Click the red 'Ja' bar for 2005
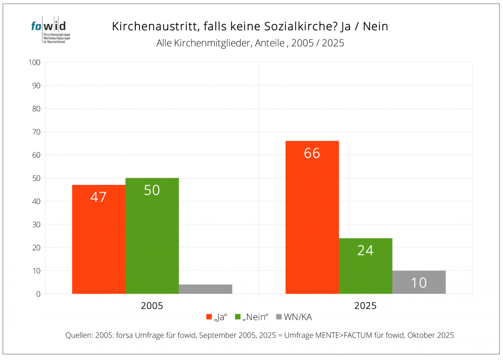pyautogui.click(x=99, y=239)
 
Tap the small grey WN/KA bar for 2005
pyautogui.click(x=205, y=289)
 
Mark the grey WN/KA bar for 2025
pyautogui.click(x=419, y=282)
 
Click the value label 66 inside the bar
pyautogui.click(x=312, y=153)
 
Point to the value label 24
pyautogui.click(x=366, y=250)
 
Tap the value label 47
pyautogui.click(x=99, y=197)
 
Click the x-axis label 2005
pyautogui.click(x=152, y=306)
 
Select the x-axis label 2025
pyautogui.click(x=366, y=306)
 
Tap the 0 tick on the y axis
pyautogui.click(x=38, y=294)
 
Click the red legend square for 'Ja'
pyautogui.click(x=209, y=317)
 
